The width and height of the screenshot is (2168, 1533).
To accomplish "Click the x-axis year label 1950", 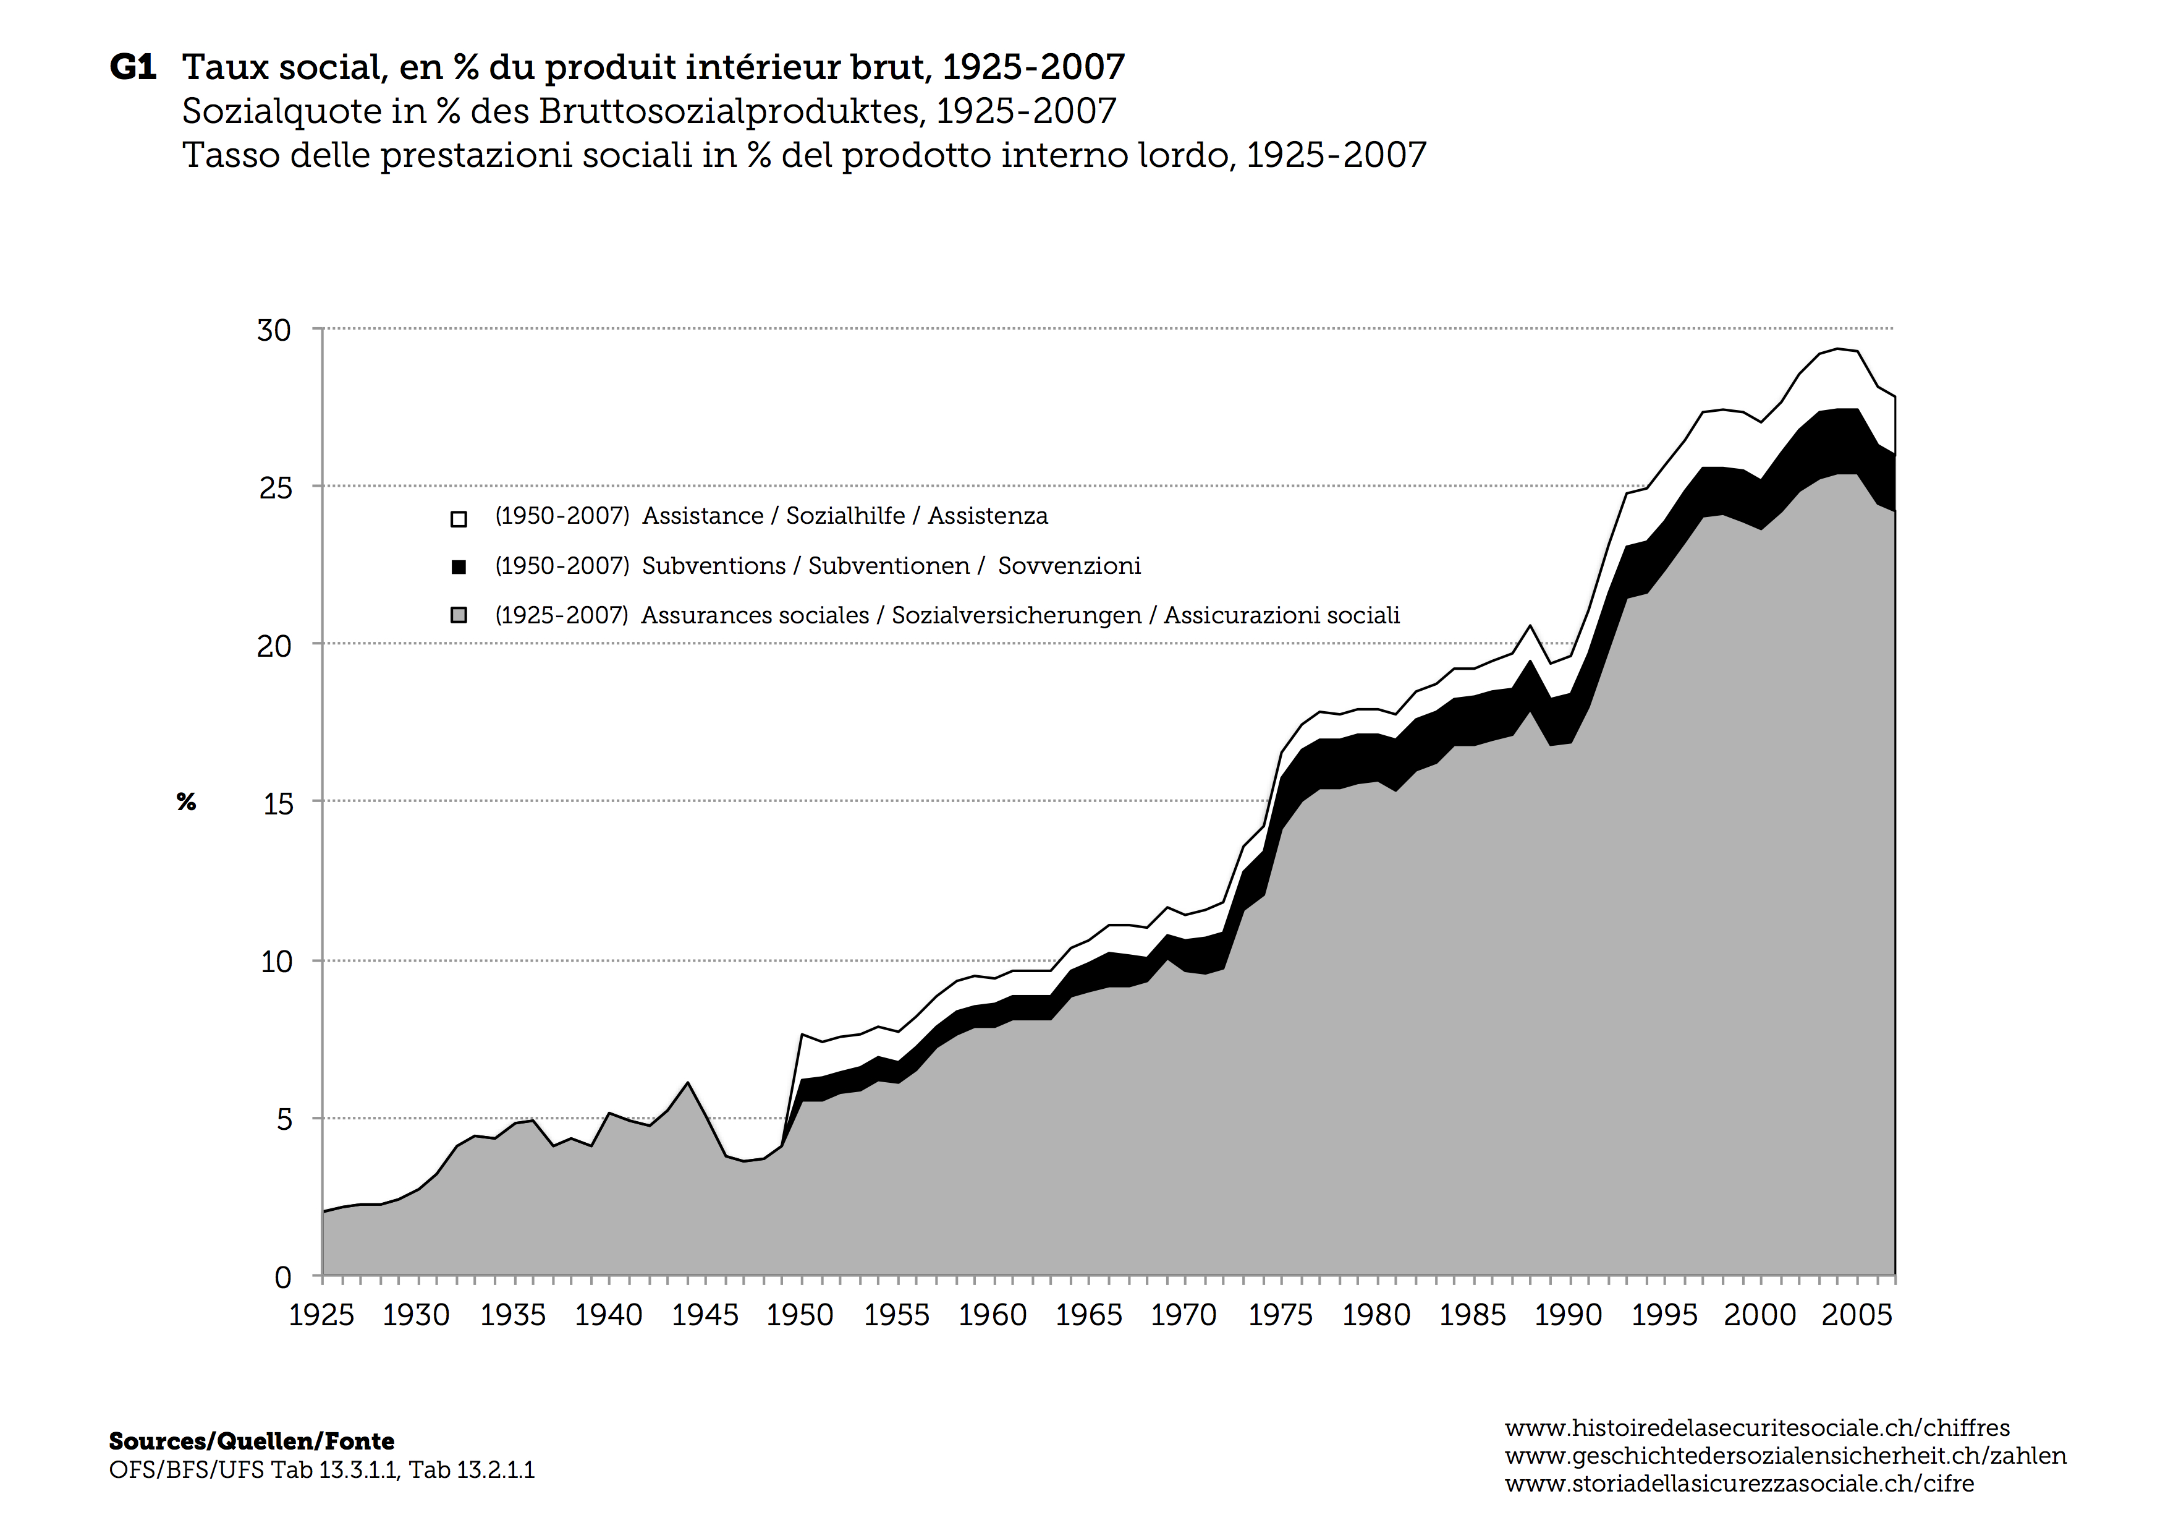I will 800,1315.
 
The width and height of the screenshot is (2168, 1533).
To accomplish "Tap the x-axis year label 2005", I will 1857,1315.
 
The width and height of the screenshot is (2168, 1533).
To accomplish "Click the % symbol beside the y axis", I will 186,803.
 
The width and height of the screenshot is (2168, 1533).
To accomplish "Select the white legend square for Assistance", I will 459,519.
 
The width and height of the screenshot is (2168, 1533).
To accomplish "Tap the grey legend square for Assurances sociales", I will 459,617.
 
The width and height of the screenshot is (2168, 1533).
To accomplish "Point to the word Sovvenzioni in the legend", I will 1069,566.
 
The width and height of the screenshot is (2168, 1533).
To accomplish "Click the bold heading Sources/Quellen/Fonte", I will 251,1441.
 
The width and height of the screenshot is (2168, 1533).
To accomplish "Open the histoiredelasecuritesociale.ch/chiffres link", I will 1757,1428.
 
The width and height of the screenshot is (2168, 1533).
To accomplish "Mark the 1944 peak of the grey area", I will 687,1083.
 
